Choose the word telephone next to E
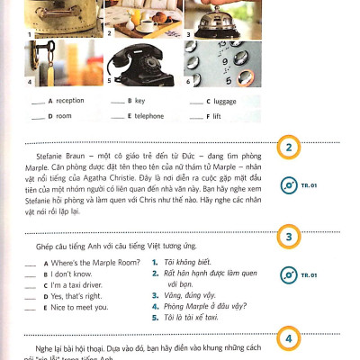coord(148,116)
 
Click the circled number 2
coord(288,148)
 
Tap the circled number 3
coord(288,237)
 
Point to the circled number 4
coord(288,339)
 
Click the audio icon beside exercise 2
coord(288,186)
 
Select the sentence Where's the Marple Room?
coord(94,262)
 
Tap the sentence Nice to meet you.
coord(79,306)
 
